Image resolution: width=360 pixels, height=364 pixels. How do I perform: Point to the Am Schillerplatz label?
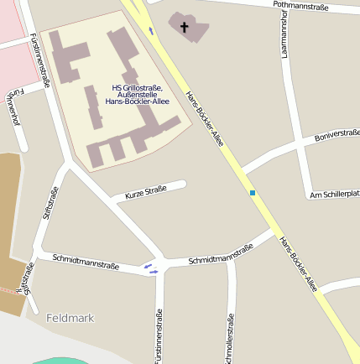pyautogui.click(x=335, y=195)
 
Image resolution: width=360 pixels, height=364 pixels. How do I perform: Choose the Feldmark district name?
pyautogui.click(x=70, y=318)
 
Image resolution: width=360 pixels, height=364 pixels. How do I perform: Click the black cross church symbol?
pyautogui.click(x=185, y=27)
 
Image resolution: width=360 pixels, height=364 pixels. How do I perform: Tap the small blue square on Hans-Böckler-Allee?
pyautogui.click(x=252, y=193)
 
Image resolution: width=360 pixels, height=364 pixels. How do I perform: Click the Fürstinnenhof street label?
pyautogui.click(x=13, y=108)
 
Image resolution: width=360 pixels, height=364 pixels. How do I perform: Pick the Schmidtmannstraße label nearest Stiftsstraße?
pyautogui.click(x=85, y=263)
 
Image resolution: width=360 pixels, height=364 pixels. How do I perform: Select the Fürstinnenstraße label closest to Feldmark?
pyautogui.click(x=159, y=335)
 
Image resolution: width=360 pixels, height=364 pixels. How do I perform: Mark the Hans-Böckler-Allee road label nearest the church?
pyautogui.click(x=204, y=118)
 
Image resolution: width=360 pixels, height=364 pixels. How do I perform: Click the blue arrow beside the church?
pyautogui.click(x=152, y=30)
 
